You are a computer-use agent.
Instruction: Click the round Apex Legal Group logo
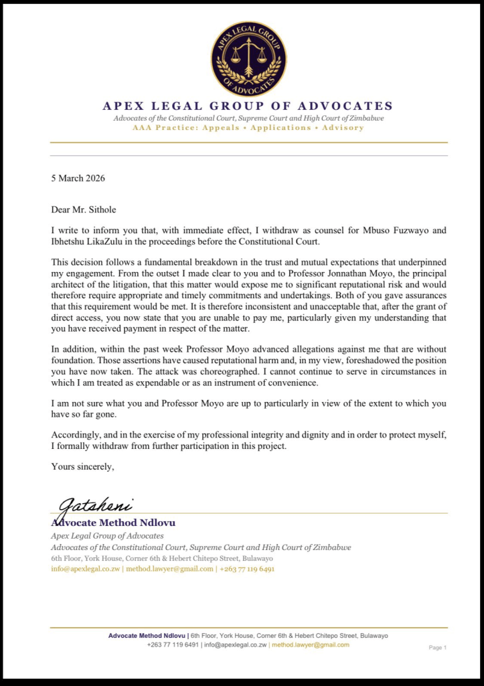[x=248, y=59]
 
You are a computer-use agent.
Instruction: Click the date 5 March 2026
[x=78, y=178]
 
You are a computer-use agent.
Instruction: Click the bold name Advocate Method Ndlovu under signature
[x=113, y=523]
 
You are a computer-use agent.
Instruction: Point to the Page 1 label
[x=437, y=648]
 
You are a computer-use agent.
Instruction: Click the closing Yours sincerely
[x=83, y=466]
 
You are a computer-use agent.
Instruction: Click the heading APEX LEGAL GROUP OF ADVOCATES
[x=248, y=106]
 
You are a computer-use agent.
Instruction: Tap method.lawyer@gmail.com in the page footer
[x=310, y=644]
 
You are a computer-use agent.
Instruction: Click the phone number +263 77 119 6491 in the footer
[x=173, y=644]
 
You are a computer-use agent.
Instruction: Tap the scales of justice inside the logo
[x=248, y=56]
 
